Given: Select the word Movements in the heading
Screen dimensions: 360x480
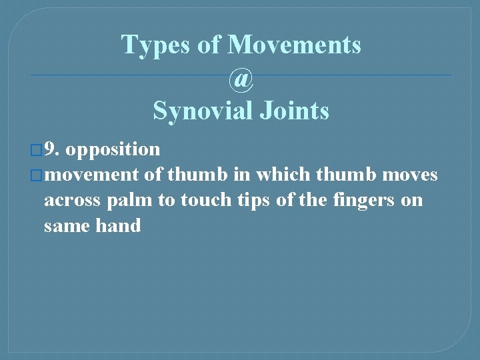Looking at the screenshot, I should [x=294, y=45].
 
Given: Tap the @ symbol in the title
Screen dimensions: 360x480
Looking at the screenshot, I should [x=241, y=79].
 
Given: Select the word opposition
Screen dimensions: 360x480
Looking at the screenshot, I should [x=113, y=150].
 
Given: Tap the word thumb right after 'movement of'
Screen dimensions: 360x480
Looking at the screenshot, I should [x=191, y=175].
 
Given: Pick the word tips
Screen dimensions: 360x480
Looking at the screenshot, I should [x=257, y=201].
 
